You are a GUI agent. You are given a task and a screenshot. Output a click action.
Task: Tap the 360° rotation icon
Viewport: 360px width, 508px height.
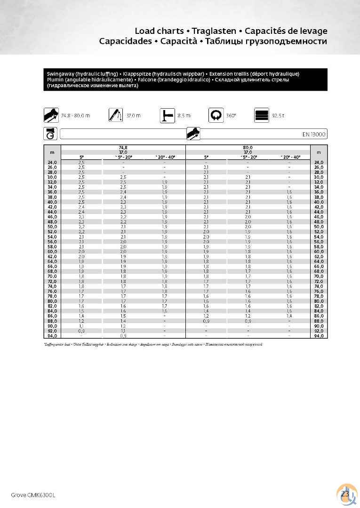[216, 115]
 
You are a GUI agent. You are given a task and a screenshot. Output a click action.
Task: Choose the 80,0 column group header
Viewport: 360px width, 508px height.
[248, 148]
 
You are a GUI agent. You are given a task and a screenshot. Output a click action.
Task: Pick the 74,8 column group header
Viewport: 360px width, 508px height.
[124, 148]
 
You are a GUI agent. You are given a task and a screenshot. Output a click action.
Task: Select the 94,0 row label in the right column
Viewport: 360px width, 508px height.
[319, 336]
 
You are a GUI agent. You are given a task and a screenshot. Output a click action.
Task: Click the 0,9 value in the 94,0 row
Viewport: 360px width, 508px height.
[123, 336]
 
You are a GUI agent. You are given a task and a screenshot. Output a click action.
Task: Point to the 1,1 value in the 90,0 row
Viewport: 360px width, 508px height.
[81, 326]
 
